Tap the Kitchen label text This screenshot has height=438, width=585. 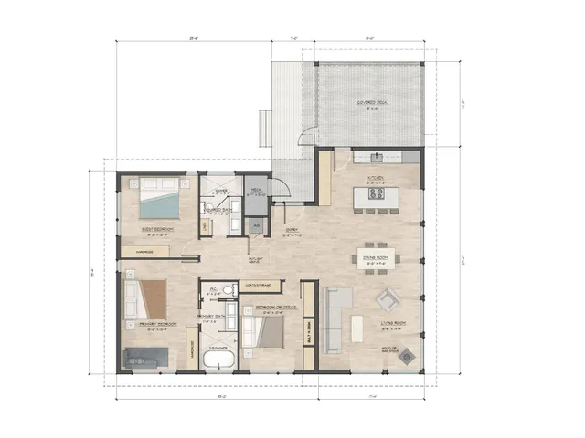376,179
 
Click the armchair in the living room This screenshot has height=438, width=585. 389,300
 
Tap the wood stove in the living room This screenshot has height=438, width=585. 406,355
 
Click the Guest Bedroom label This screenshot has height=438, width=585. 153,230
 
